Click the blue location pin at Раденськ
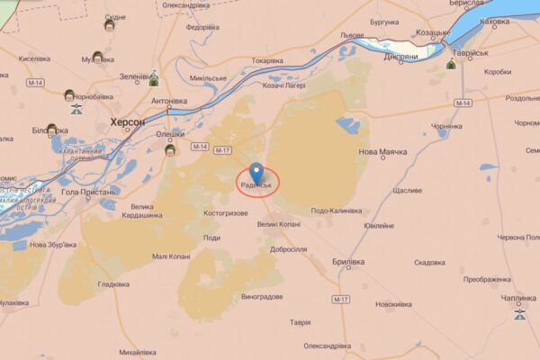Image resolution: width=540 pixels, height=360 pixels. (256, 171)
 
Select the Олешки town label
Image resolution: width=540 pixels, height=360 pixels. (170, 135)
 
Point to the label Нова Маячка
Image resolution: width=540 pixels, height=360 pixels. (382, 152)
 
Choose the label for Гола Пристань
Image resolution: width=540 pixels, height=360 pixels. (89, 192)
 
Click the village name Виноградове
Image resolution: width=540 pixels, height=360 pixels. (262, 296)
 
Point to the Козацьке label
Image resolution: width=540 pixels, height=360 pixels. (433, 32)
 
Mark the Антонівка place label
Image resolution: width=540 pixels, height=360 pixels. (169, 101)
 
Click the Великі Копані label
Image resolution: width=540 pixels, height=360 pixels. (279, 224)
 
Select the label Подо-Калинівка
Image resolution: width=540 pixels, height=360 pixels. (336, 211)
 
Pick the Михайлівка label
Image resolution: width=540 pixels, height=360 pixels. (142, 353)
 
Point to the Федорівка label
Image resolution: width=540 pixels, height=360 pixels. (202, 27)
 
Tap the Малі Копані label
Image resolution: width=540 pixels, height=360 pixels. (171, 256)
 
